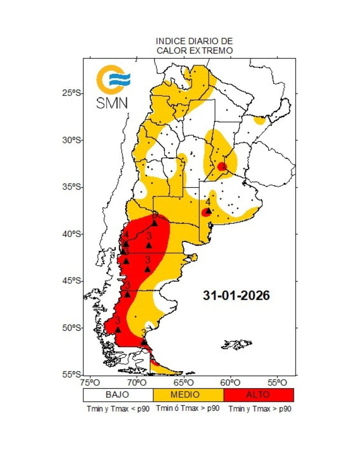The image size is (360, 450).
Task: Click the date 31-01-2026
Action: pos(236,295)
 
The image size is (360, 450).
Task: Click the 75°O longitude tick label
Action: pos(90,382)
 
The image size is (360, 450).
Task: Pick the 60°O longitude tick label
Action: pos(230,382)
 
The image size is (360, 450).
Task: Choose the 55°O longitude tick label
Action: pos(277,382)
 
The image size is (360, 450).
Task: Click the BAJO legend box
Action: pos(118,395)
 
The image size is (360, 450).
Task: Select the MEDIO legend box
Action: pos(188,395)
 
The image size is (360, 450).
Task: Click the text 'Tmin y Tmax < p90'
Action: pos(118,409)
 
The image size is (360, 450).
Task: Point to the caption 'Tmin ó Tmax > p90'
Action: pos(188,408)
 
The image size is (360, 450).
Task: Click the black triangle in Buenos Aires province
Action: pos(209,211)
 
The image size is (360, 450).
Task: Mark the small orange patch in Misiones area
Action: pos(259,120)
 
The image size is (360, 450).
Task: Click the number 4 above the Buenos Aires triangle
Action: pos(208,202)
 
